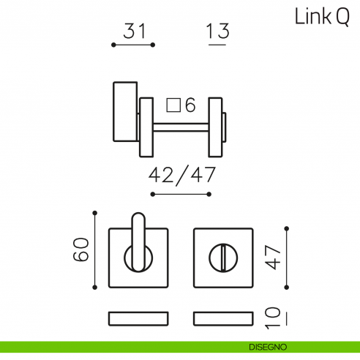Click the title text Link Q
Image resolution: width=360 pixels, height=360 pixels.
pos(321,17)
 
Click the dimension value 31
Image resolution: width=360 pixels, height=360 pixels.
pos(132,31)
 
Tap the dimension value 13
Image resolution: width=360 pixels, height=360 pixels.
pos(217,31)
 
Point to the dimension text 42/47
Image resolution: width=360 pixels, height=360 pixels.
pos(181,176)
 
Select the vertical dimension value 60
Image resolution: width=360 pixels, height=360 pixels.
pos(81,250)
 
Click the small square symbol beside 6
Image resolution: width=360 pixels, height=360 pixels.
pos(173,105)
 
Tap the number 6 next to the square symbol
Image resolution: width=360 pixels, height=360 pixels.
pos(190,105)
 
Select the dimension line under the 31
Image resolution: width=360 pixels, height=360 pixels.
pos(132,45)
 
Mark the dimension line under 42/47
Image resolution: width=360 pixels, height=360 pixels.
pos(181,194)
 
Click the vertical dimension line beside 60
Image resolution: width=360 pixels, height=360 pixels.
pos(94,250)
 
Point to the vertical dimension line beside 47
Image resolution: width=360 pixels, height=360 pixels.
pos(287,258)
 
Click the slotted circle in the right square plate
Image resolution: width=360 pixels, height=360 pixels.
pos(223,258)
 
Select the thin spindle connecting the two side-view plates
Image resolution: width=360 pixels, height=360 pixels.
pos(181,127)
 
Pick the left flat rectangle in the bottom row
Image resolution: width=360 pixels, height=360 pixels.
pos(138,318)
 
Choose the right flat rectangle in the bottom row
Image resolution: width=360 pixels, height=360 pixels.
pos(223,318)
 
